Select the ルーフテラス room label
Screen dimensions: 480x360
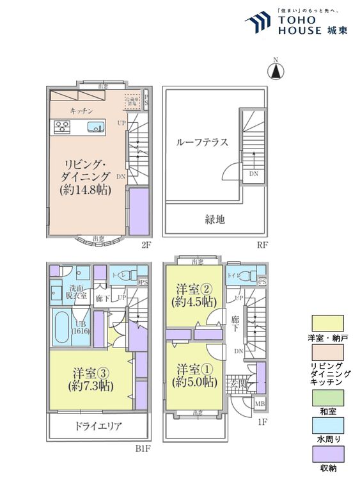point(202,143)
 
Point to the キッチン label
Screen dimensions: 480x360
point(82,111)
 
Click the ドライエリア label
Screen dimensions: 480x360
point(97,426)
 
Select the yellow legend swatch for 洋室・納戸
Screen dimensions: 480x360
point(328,323)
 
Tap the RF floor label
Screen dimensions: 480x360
point(262,244)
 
